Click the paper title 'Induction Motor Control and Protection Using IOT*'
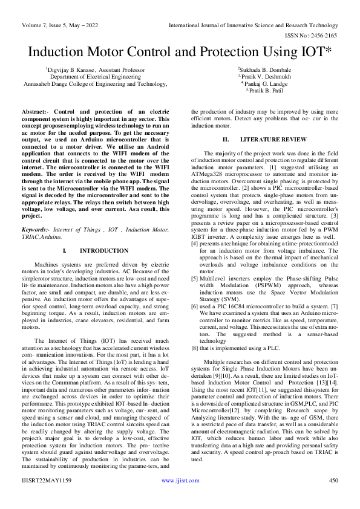tap(180, 52)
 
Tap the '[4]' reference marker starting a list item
tap(195, 243)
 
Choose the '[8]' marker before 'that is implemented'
tap(195, 348)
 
